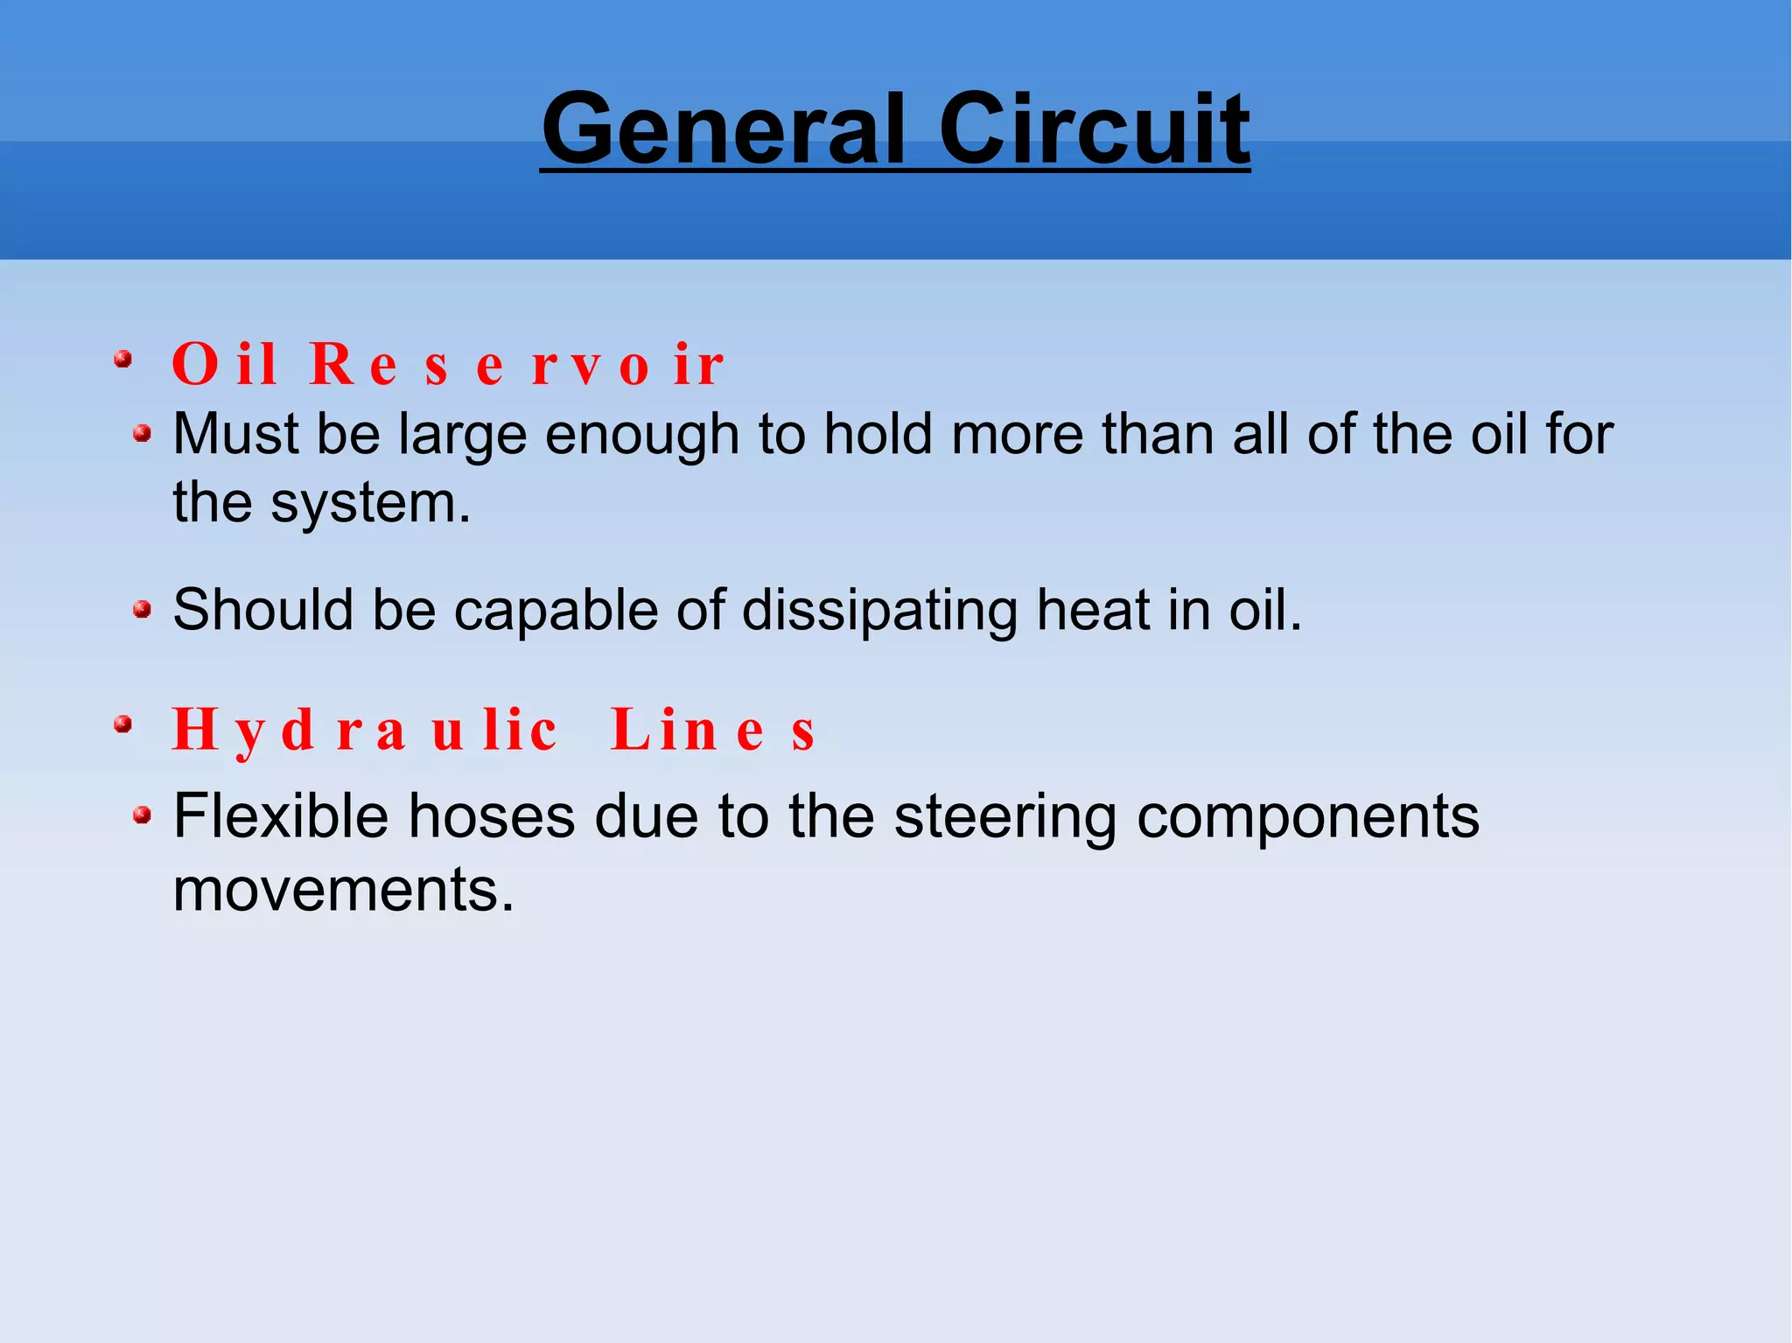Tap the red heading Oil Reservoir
pos(447,364)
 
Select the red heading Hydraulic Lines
pos(494,730)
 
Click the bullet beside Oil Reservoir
pos(123,359)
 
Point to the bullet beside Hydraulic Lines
pos(123,724)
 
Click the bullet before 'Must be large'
pos(142,433)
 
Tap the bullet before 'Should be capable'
pos(142,609)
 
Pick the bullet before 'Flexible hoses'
pos(142,816)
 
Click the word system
pos(370,504)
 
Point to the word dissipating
pos(879,610)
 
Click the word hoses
pos(492,816)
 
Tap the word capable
pos(555,610)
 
